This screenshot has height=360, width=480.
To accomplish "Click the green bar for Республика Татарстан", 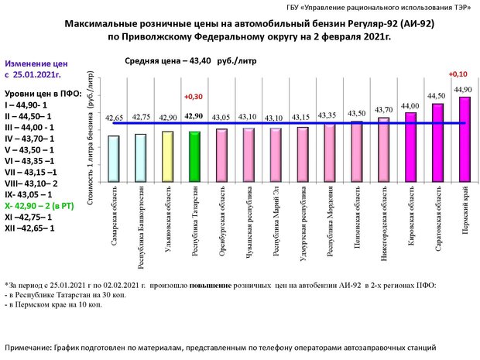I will coord(194,144).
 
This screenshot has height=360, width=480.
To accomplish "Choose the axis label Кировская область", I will coord(413,204).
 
